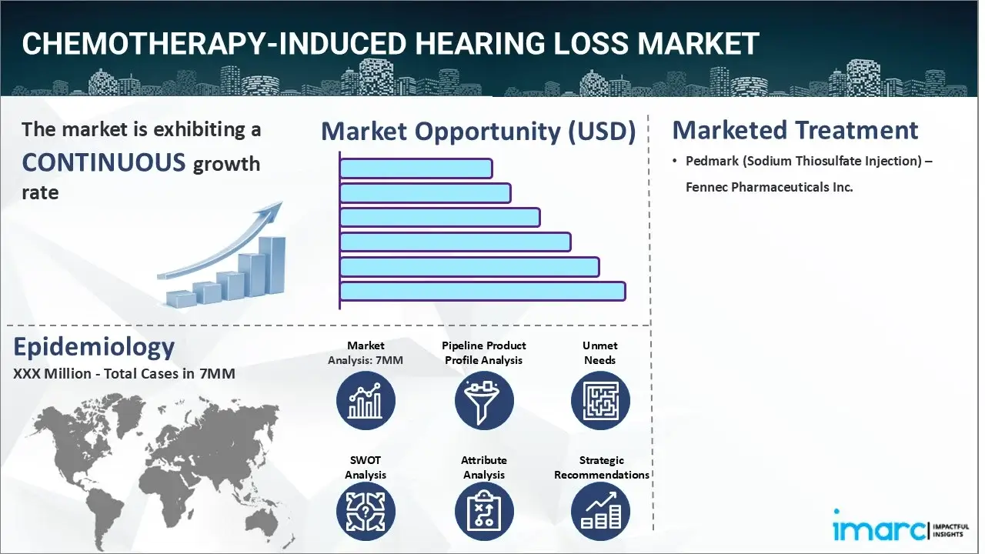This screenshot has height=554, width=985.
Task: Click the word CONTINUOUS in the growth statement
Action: pyautogui.click(x=103, y=162)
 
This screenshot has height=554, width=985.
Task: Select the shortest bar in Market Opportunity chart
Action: pyautogui.click(x=416, y=169)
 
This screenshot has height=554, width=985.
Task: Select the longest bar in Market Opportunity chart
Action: pyautogui.click(x=482, y=291)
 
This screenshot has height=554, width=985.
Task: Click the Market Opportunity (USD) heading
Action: pyautogui.click(x=478, y=132)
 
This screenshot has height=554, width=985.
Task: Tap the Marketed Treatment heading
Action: pyautogui.click(x=795, y=130)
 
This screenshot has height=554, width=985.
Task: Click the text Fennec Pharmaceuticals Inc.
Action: pyautogui.click(x=770, y=187)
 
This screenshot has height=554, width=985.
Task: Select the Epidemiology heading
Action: pyautogui.click(x=94, y=348)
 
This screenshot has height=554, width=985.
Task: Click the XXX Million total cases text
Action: pyautogui.click(x=124, y=374)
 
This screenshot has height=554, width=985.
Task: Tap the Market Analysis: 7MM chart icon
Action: pyautogui.click(x=366, y=401)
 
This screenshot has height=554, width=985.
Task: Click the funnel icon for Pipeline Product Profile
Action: pyautogui.click(x=483, y=401)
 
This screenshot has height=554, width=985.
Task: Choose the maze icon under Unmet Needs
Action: pyautogui.click(x=599, y=401)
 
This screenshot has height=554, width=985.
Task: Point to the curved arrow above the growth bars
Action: pyautogui.click(x=223, y=242)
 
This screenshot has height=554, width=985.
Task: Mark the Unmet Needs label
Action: pyautogui.click(x=599, y=352)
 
